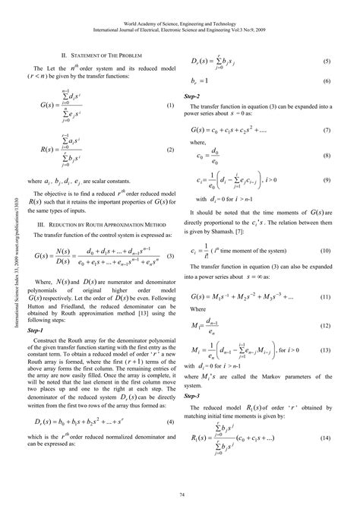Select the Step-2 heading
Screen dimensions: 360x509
tap(193, 97)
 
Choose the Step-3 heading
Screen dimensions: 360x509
tap(193, 397)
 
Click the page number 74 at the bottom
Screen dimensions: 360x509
tap(180, 495)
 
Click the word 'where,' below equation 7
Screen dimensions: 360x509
tap(198, 143)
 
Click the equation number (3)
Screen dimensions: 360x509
tap(172, 256)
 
